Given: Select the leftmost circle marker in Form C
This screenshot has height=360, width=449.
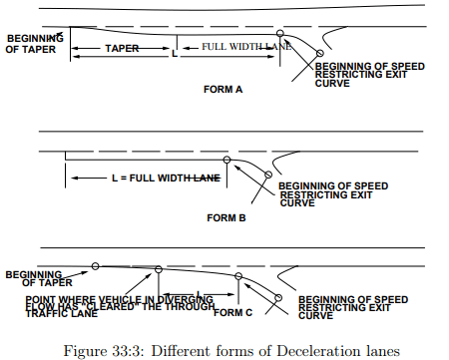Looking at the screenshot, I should [95, 265].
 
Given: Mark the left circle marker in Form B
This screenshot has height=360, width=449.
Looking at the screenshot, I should [227, 160].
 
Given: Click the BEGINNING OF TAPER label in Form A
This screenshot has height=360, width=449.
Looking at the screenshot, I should [32, 43].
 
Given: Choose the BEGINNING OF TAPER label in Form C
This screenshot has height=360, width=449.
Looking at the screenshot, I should [38, 276].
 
